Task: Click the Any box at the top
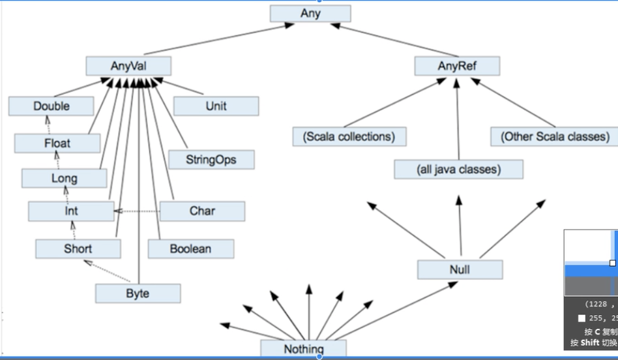point(310,13)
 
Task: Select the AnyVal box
point(128,66)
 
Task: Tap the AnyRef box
point(457,66)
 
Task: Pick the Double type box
point(51,106)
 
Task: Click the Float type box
point(57,143)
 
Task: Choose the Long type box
point(64,178)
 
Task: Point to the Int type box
point(71,211)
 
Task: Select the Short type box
point(78,248)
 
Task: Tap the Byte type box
point(138,293)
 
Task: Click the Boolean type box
point(190,248)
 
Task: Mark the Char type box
point(202,211)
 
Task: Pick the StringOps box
point(211,159)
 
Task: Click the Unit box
point(216,106)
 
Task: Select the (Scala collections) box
point(349,136)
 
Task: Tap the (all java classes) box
point(458,169)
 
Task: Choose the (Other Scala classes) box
point(555,136)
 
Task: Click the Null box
point(460,269)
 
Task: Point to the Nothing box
point(303,349)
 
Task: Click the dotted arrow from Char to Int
point(138,211)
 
